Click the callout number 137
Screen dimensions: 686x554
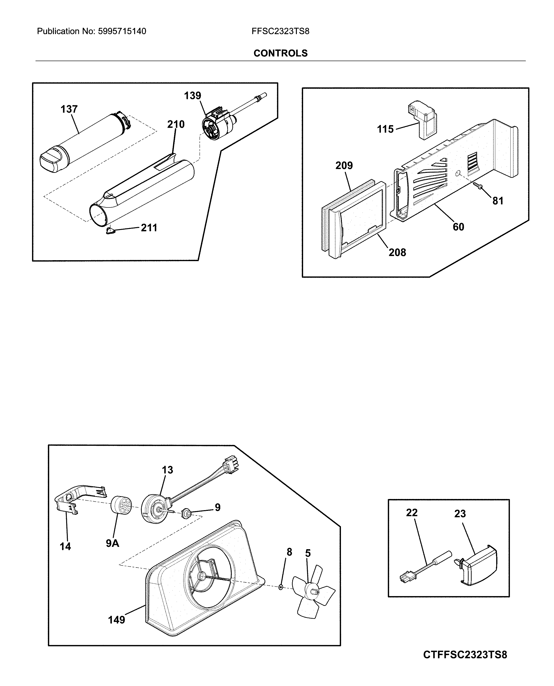(69, 109)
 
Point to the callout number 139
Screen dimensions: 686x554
(192, 95)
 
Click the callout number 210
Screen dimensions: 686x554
(176, 124)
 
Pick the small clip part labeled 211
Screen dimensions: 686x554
(110, 231)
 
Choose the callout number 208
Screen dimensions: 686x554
(397, 252)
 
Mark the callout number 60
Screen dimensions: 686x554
(458, 227)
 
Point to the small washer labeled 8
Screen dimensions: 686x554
(281, 587)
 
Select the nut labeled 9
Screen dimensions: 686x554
(186, 514)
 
